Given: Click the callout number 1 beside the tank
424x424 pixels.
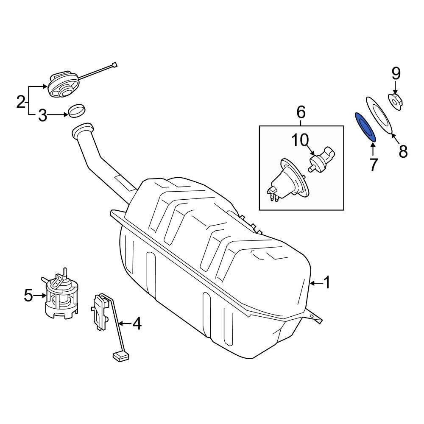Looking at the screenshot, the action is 327,283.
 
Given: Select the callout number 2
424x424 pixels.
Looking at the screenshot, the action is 21,102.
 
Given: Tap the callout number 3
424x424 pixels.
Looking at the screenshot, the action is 42,115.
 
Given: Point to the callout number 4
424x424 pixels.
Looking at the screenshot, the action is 137,324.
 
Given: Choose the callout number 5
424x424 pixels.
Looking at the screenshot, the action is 28,295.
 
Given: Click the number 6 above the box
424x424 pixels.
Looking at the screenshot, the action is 301,112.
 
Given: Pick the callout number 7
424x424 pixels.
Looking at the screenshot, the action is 373,165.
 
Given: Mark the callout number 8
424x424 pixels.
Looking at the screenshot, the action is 403,151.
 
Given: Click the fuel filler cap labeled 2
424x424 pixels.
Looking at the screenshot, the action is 63,84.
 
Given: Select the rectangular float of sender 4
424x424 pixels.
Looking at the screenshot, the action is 121,356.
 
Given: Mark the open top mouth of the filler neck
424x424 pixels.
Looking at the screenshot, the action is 82,129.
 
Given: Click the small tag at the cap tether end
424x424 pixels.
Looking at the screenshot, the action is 114,64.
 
